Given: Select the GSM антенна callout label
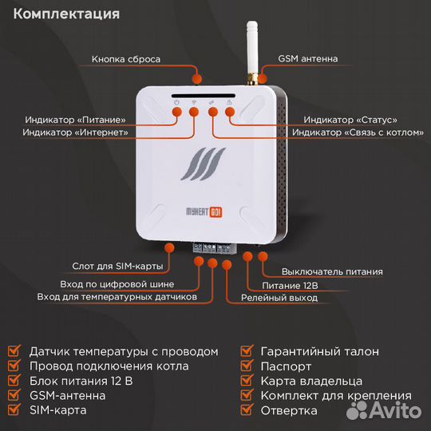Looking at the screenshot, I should click(x=307, y=59).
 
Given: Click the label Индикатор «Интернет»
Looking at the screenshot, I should click(x=75, y=132).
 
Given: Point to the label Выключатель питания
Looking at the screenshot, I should click(x=325, y=271).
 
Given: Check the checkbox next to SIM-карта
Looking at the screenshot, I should click(x=14, y=410).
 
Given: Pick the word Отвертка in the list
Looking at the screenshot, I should click(x=289, y=410).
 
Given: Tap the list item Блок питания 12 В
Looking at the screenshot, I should click(x=84, y=381).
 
